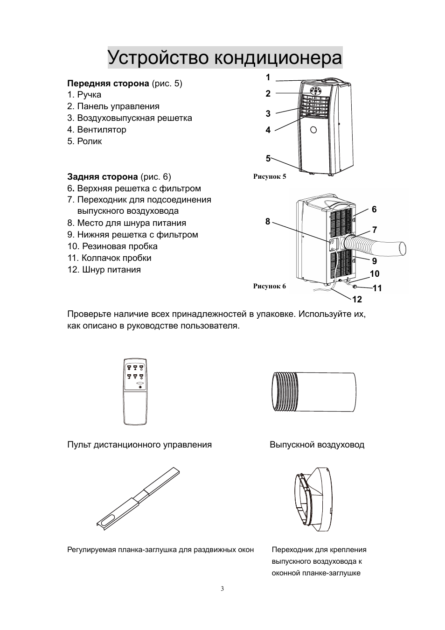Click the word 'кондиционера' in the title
pos(278,58)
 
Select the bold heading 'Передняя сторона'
pos(108,84)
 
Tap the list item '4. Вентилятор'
pos(97,130)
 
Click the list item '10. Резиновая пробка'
pos(112,246)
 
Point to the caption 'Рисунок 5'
pos(269,177)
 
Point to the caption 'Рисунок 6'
pos(269,286)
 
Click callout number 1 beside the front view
pos(268,77)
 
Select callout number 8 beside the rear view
pos(268,222)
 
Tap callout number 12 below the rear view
pos(357,299)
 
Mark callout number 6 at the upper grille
pos(374,210)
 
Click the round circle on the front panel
pos(313,130)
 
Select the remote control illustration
pos(135,392)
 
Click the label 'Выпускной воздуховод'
pos(317,445)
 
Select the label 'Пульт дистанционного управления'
pos(139,445)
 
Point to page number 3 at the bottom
pos(222,588)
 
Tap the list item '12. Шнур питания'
pos(104,270)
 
